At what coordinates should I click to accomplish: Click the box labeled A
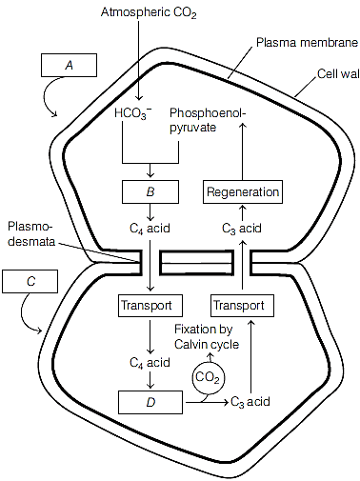click(69, 65)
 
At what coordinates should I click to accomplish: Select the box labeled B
click(150, 191)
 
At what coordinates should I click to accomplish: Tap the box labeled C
click(30, 281)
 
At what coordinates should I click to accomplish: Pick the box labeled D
click(150, 402)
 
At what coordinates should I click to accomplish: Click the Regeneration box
click(243, 191)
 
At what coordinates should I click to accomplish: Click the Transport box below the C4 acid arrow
click(150, 306)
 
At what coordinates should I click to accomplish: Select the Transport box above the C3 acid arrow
click(243, 306)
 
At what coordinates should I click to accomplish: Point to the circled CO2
click(208, 377)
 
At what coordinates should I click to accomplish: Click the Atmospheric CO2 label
click(149, 13)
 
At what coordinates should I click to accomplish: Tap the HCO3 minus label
click(133, 113)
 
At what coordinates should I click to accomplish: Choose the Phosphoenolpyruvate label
click(208, 120)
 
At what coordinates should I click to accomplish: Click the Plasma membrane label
click(307, 43)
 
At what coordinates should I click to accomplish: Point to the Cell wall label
click(338, 74)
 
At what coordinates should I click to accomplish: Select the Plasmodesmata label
click(31, 234)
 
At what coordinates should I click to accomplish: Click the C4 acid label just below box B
click(150, 229)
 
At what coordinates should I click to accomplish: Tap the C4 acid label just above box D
click(150, 363)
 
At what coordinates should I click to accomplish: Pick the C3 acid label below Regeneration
click(242, 229)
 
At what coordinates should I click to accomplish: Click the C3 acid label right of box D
click(250, 402)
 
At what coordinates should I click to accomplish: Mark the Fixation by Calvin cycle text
click(207, 337)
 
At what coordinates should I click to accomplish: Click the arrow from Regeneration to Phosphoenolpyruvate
click(243, 151)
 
